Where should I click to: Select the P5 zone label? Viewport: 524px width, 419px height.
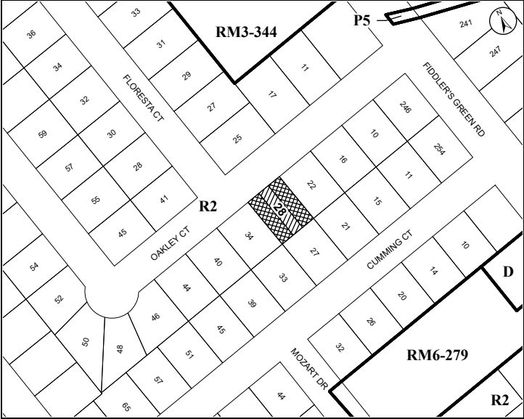[361, 20]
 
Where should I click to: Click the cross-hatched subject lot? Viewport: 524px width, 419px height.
[281, 210]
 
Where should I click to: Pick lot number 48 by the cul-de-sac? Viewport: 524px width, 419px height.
[120, 348]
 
